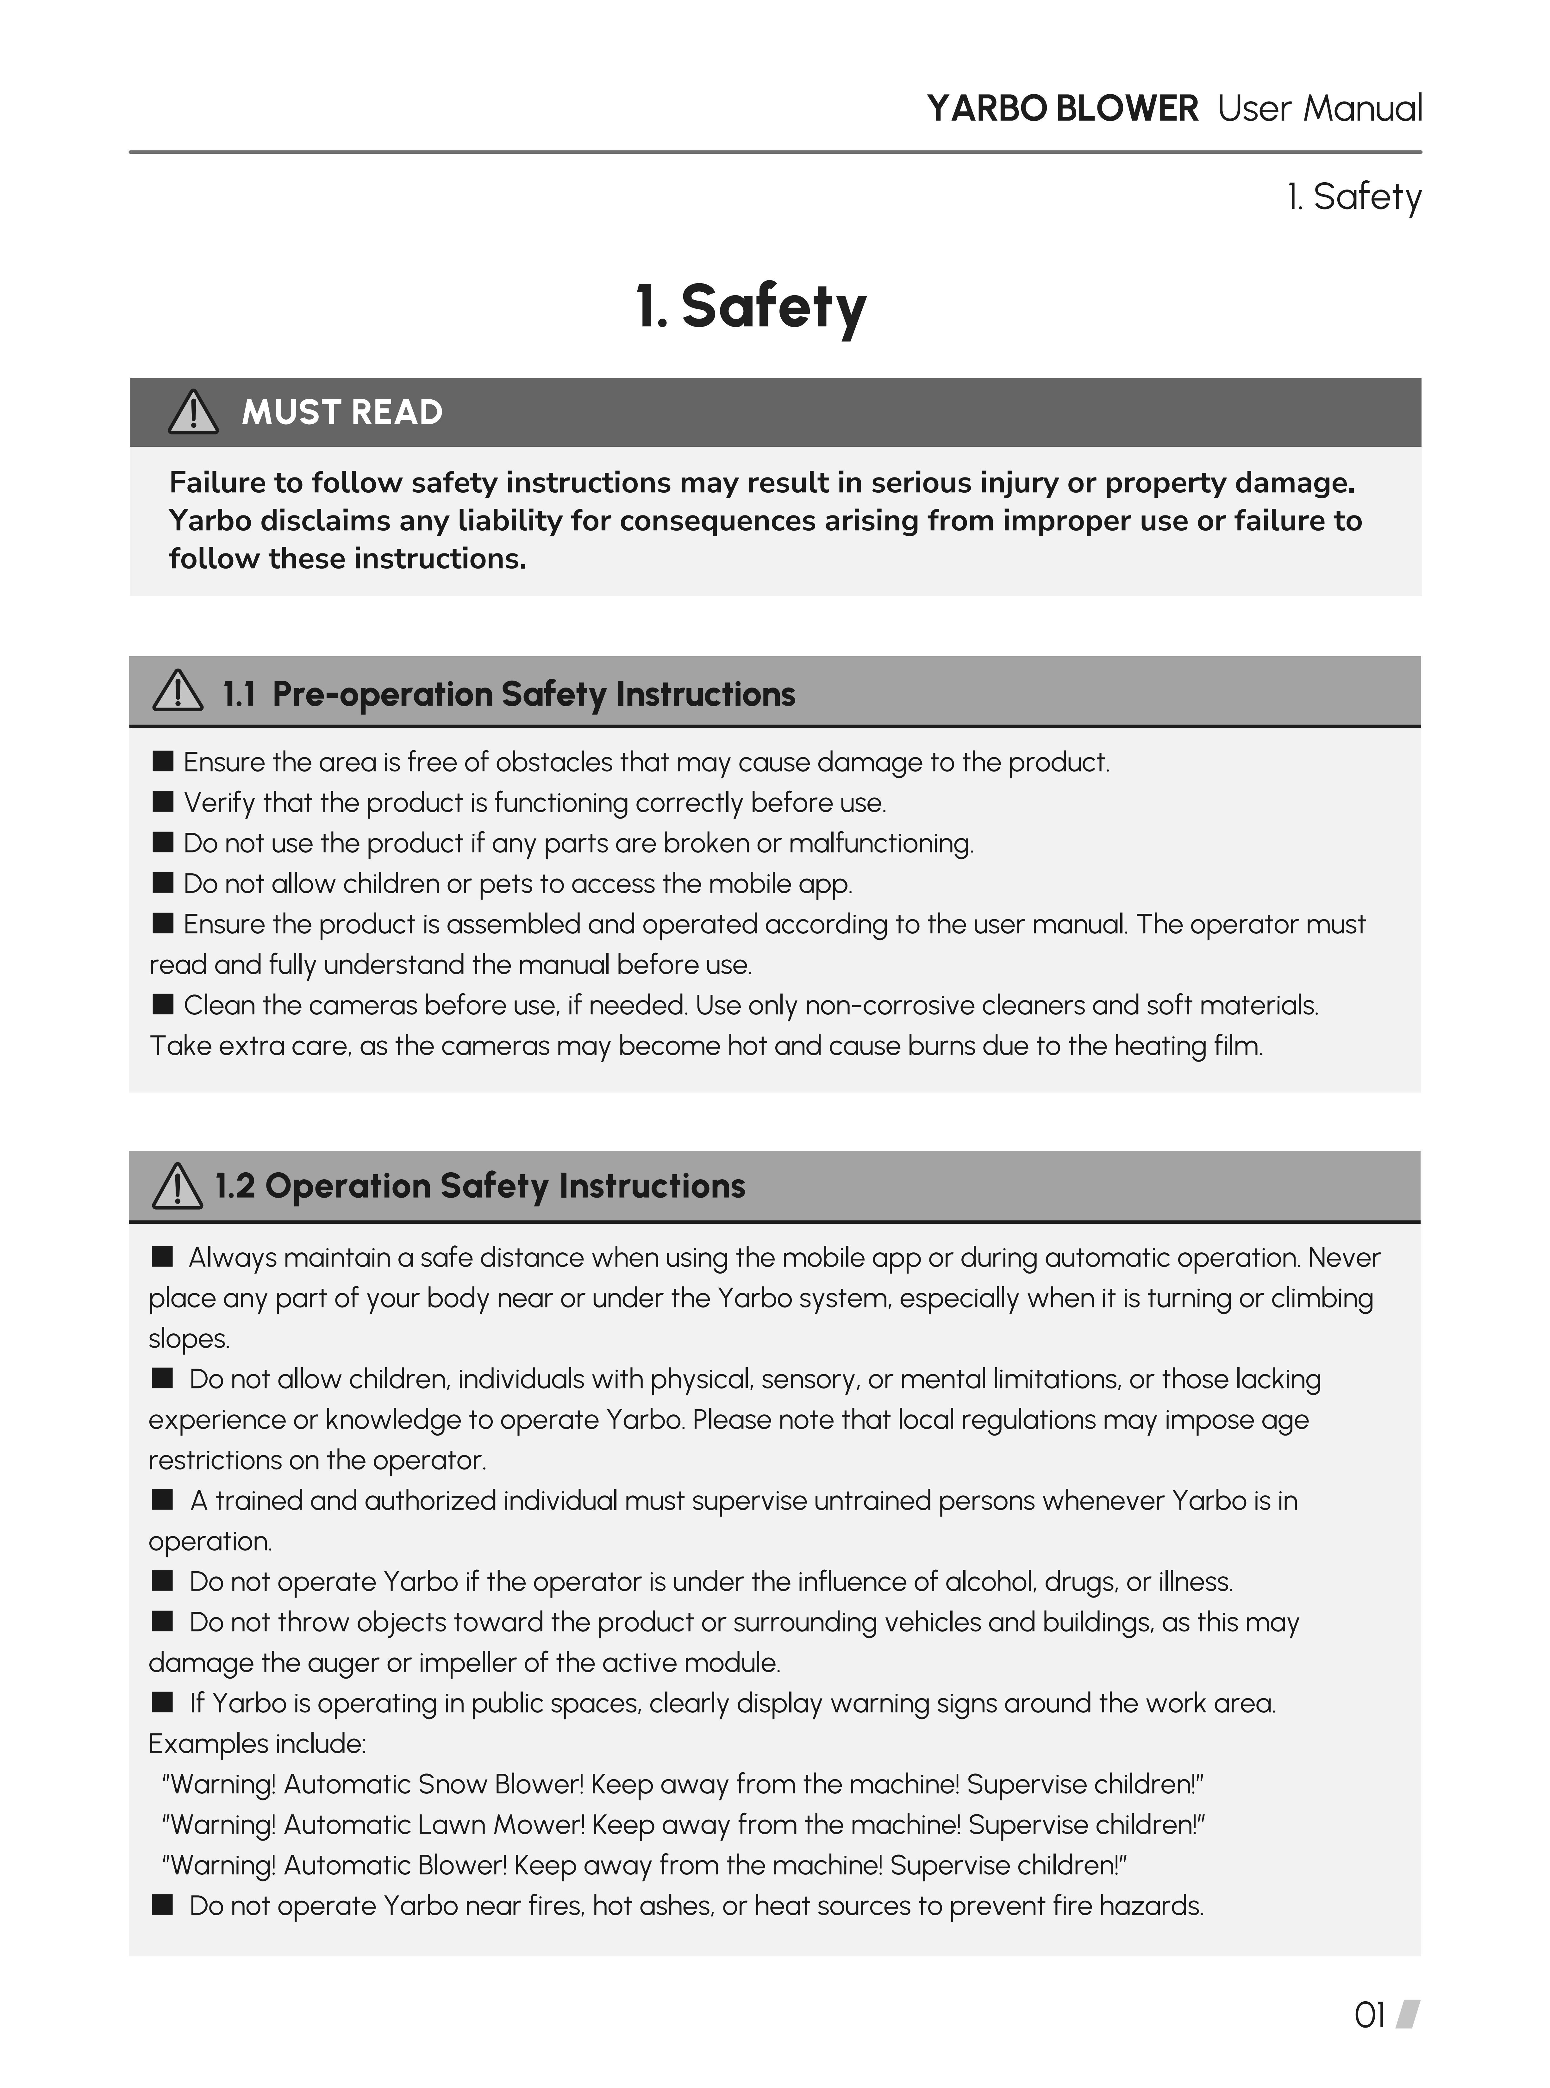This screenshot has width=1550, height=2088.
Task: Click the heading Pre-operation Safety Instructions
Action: (x=533, y=694)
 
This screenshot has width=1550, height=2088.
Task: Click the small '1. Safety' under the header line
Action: (x=1354, y=197)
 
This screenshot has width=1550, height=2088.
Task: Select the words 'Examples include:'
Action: (x=257, y=1744)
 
